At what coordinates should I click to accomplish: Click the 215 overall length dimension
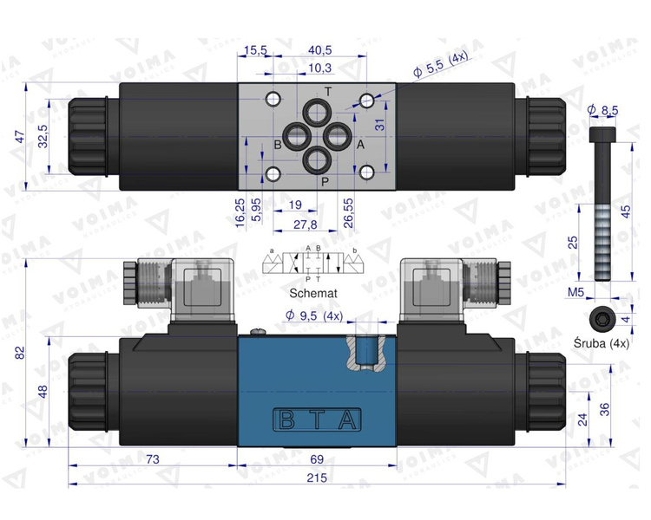pyautogui.click(x=317, y=478)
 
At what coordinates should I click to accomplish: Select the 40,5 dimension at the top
pyautogui.click(x=320, y=50)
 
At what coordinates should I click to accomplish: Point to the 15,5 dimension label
pyautogui.click(x=255, y=50)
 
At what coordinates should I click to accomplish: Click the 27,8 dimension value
pyautogui.click(x=303, y=224)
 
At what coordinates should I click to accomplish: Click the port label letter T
pyautogui.click(x=327, y=92)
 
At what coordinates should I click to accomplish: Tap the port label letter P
pyautogui.click(x=325, y=181)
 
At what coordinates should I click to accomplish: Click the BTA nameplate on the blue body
pyautogui.click(x=317, y=420)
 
